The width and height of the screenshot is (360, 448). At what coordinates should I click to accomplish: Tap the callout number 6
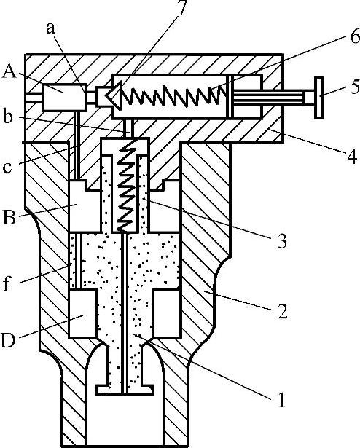coord(354,36)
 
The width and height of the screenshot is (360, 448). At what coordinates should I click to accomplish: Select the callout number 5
coord(355,87)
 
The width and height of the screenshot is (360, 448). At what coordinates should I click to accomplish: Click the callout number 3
coord(282,241)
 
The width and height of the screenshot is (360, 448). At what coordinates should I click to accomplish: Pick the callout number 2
coord(282,311)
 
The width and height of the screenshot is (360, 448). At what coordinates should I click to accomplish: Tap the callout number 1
coord(281,400)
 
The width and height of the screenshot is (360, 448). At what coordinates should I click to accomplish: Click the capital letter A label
coord(9,71)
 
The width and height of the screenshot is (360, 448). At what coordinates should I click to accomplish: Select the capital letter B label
coord(9,217)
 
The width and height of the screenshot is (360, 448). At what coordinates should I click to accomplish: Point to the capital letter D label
coord(8,340)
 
